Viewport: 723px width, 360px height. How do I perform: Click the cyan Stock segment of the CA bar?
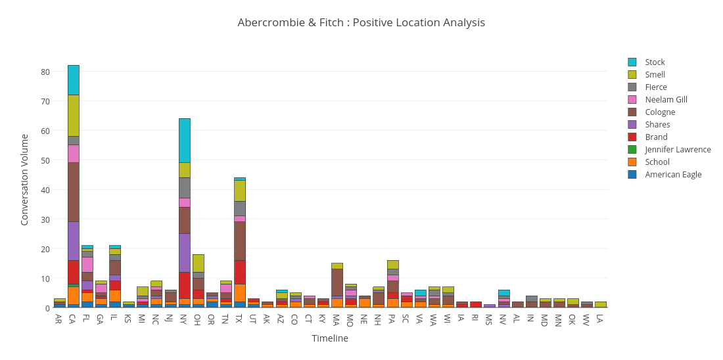pos(74,79)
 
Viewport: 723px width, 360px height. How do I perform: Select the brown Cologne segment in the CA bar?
pos(74,192)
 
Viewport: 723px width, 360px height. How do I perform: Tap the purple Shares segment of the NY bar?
pos(185,253)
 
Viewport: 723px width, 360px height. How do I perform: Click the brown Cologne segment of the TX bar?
pos(240,240)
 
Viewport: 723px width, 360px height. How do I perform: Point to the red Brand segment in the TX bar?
pos(240,272)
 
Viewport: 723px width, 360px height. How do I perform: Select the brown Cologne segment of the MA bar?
pos(337,282)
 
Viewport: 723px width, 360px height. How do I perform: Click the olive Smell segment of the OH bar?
pos(198,263)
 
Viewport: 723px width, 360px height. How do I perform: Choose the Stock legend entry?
pos(655,62)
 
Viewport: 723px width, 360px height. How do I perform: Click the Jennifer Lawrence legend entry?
pos(677,150)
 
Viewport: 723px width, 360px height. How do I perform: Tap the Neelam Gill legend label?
pos(666,100)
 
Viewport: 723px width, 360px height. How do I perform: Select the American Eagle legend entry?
pos(672,175)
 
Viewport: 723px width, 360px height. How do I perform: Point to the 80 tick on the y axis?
pos(45,72)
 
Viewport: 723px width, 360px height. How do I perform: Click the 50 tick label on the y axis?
pos(45,160)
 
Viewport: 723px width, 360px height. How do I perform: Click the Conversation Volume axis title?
pos(25,179)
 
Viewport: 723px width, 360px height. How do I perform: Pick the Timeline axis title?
pos(330,338)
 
